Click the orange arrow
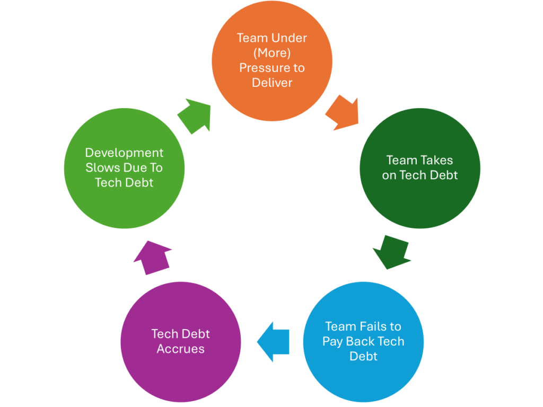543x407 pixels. [341, 112]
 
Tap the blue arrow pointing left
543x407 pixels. [274, 341]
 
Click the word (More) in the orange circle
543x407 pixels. [272, 53]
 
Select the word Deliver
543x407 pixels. [272, 83]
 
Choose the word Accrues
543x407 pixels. [180, 349]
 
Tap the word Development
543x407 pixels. [125, 153]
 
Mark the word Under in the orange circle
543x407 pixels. [288, 38]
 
